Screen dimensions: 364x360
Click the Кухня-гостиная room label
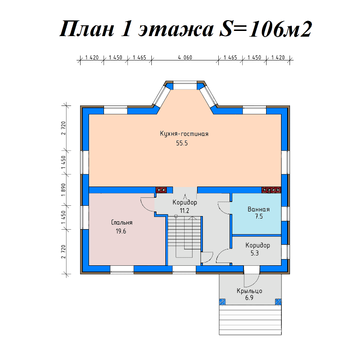(x=184, y=134)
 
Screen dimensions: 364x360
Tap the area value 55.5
(x=182, y=143)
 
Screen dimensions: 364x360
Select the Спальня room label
(x=122, y=223)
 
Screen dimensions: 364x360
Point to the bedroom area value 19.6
(x=121, y=232)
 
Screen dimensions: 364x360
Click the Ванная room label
(x=259, y=209)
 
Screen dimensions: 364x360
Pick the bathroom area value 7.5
(x=259, y=217)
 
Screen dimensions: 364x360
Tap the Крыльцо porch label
(x=249, y=291)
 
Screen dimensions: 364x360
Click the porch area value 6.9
(x=249, y=298)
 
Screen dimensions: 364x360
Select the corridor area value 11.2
(x=184, y=210)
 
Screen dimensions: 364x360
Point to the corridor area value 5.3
(x=255, y=253)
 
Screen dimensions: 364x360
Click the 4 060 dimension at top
(x=185, y=57)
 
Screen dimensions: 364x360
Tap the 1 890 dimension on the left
(x=63, y=190)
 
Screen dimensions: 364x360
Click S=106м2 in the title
(x=265, y=29)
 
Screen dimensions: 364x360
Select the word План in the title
(x=87, y=29)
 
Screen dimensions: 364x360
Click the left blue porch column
(x=223, y=302)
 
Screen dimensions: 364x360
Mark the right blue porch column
(x=278, y=302)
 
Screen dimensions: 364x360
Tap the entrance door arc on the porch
(x=255, y=283)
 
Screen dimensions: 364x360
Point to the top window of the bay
(x=185, y=85)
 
